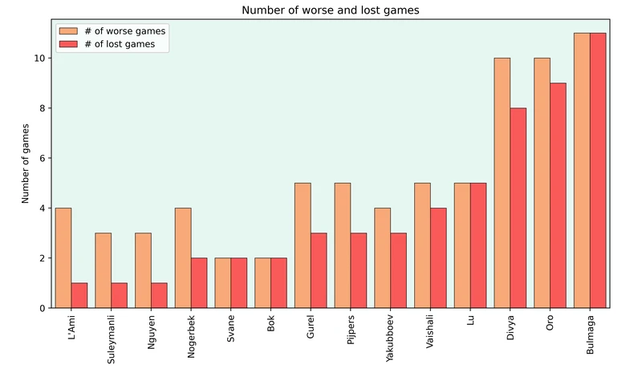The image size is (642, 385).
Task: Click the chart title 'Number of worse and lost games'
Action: [x=330, y=10]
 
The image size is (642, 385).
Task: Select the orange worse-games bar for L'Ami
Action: [x=63, y=257]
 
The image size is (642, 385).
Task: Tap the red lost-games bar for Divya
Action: [x=518, y=208]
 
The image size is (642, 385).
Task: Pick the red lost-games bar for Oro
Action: [x=558, y=195]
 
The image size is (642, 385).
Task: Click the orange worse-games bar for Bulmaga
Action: [x=582, y=170]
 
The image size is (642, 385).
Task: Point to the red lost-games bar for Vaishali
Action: [x=438, y=257]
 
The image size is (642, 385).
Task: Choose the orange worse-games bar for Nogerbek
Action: [x=183, y=257]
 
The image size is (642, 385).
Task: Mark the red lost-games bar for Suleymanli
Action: [x=119, y=295]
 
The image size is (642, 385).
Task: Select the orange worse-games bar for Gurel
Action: [x=303, y=245]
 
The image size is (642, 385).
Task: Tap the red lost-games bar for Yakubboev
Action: [x=398, y=270]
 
